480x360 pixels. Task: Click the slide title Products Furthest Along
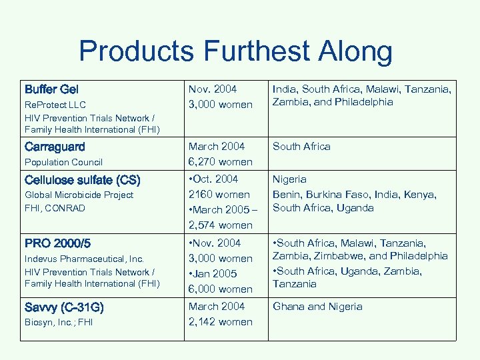[x=235, y=51]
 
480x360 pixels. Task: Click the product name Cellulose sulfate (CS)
[x=81, y=179]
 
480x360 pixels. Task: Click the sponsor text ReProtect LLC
[x=56, y=105]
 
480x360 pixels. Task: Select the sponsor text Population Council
[x=63, y=162]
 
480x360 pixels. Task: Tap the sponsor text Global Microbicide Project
[x=79, y=195]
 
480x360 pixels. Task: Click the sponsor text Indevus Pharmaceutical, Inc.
[x=84, y=258]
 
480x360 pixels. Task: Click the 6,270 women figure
[x=221, y=161]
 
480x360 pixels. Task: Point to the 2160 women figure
[x=219, y=195]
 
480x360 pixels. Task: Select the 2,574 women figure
[x=221, y=225]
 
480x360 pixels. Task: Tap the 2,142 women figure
[x=221, y=322]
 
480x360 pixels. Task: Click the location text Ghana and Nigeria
[x=317, y=307]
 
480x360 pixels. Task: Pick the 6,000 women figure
[x=221, y=289]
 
